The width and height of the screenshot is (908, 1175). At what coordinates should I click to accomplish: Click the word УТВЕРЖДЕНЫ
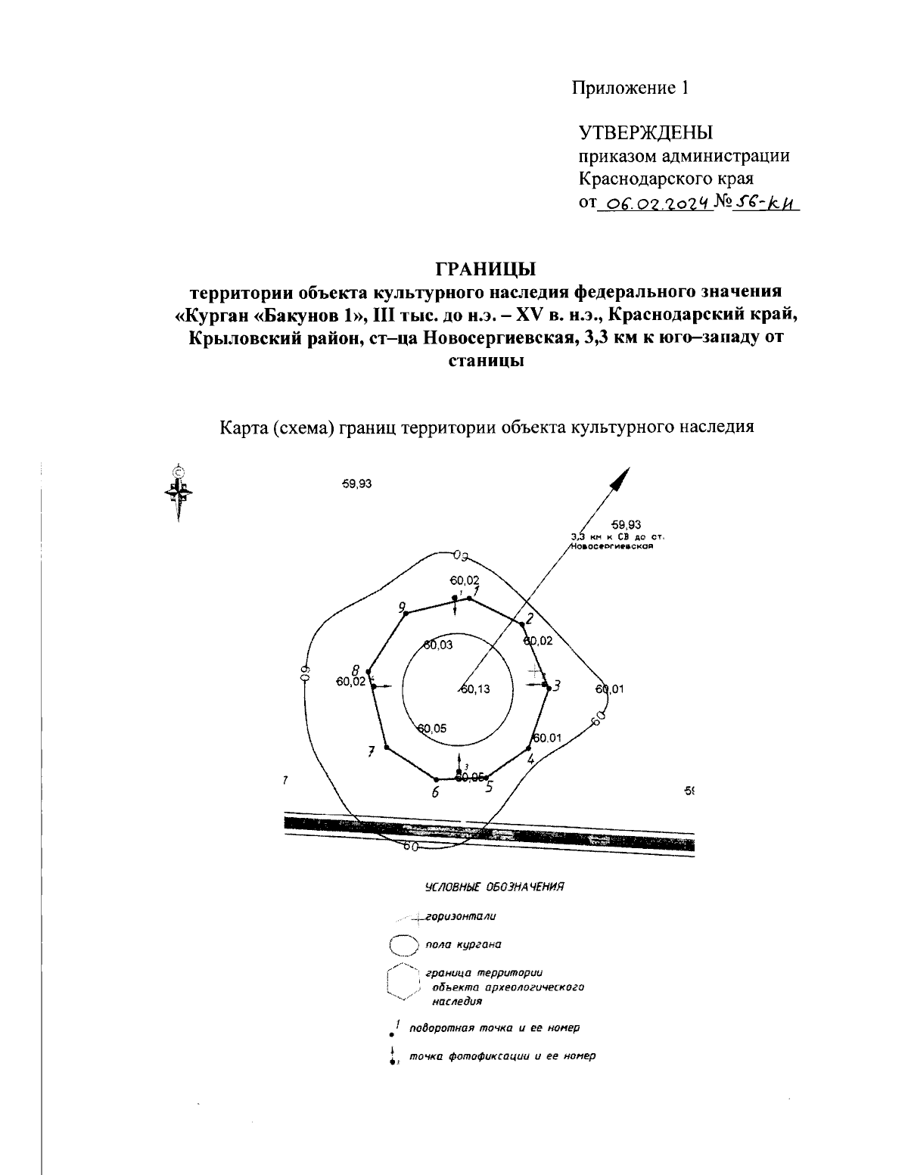pos(645,133)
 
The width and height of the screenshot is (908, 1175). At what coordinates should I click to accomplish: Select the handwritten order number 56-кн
pos(767,202)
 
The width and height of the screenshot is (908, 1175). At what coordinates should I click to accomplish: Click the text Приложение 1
pos(630,88)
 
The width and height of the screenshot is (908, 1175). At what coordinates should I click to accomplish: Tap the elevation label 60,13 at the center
pos(474,689)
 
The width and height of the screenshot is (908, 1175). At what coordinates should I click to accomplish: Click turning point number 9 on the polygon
pos(406,614)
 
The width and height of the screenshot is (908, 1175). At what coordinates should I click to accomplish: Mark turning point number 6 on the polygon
pos(436,779)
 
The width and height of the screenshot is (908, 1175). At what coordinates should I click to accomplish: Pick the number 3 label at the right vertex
pos(556,686)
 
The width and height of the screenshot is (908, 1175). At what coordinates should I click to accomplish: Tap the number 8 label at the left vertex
pos(355,669)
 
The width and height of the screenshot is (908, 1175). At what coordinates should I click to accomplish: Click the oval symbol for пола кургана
pos(403,945)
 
